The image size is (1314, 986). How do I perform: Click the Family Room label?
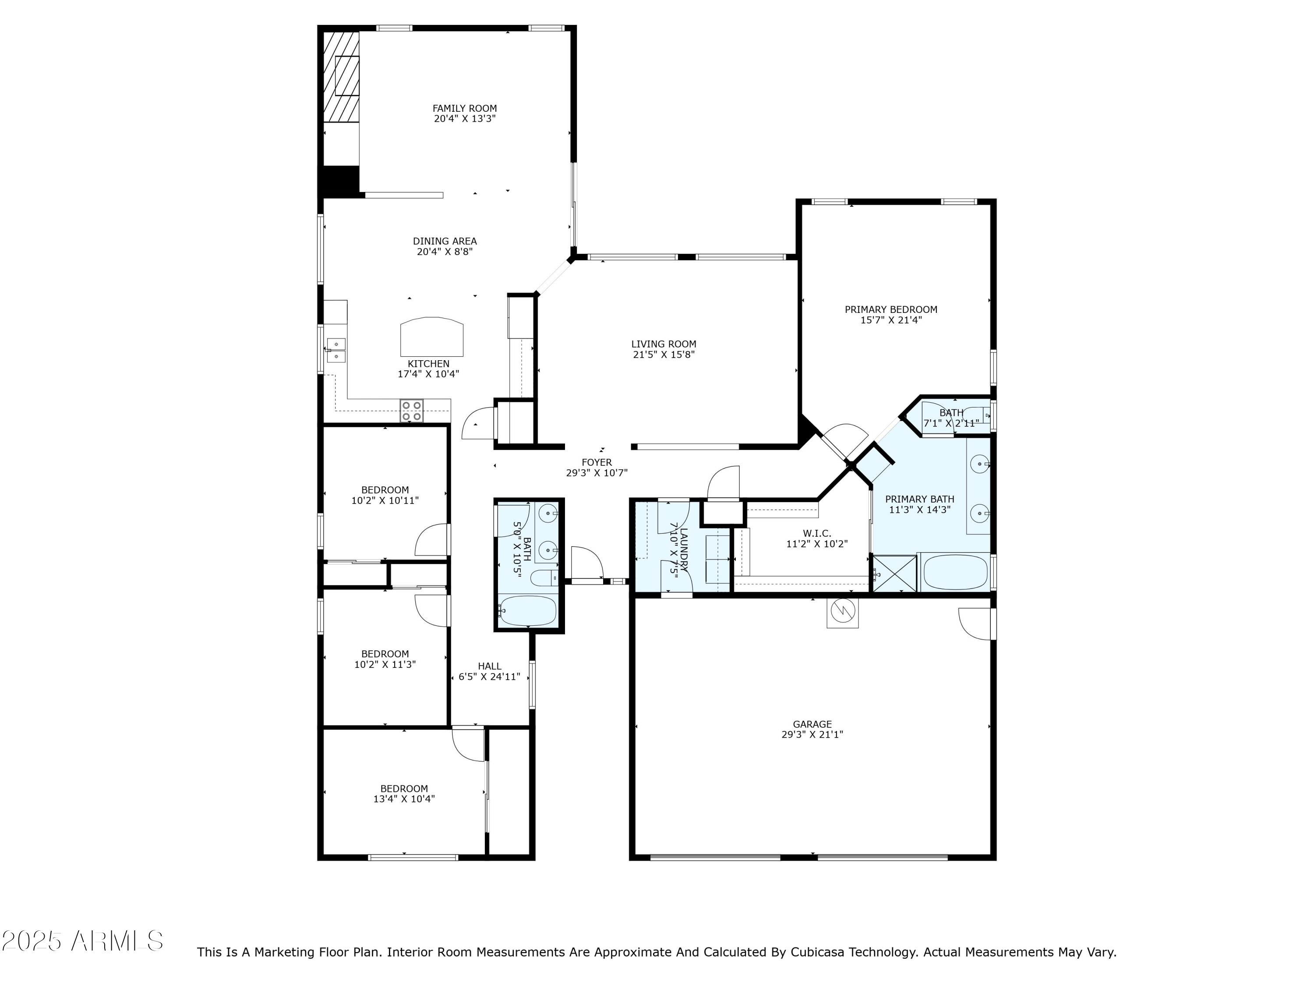[465, 108]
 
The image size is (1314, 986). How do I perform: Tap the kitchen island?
[432, 337]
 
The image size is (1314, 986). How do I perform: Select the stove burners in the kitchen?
[412, 411]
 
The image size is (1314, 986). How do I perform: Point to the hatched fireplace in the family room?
[341, 77]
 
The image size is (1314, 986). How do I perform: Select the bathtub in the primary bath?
[955, 572]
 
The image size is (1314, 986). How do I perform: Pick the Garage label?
[812, 724]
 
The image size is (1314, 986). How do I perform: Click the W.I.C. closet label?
[817, 534]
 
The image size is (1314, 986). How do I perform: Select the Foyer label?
[597, 462]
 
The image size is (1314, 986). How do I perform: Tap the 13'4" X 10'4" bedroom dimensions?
[404, 799]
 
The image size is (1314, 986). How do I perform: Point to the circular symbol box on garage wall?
[842, 612]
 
